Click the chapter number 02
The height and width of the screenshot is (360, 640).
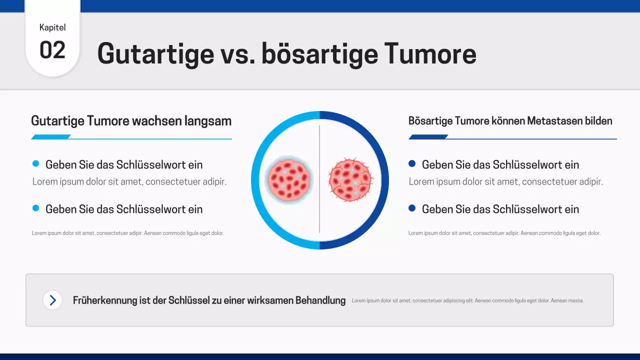(52, 50)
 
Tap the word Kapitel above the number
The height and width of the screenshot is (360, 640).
(52, 27)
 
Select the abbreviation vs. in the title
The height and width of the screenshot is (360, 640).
(237, 53)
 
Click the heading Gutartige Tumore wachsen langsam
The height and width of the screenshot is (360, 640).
(131, 121)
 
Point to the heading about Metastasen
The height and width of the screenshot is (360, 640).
(510, 121)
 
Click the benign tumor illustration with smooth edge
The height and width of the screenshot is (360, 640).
(289, 178)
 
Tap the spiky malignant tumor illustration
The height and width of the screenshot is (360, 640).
(350, 179)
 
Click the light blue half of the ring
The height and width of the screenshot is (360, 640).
(255, 180)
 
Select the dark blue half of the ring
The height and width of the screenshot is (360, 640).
(384, 180)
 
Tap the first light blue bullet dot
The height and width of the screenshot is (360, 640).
(35, 163)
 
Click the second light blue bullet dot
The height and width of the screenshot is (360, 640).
(35, 208)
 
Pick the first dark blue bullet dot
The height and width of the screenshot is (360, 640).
(412, 163)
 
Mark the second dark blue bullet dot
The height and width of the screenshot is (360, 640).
(412, 208)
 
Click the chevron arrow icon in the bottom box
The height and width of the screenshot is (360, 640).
(52, 300)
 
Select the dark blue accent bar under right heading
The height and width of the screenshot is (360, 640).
(428, 137)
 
